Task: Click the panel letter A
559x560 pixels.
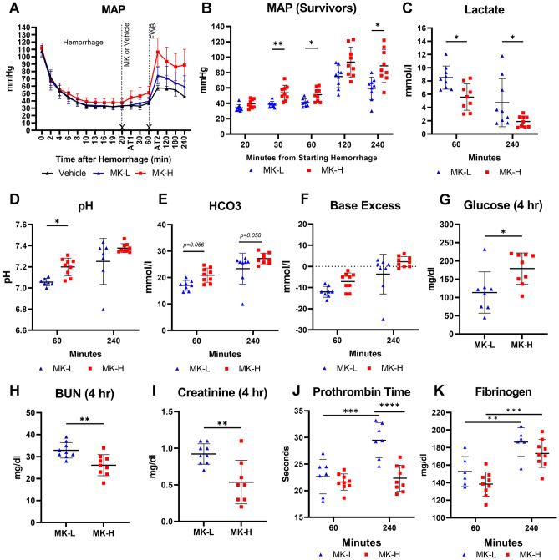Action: point(8,8)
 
